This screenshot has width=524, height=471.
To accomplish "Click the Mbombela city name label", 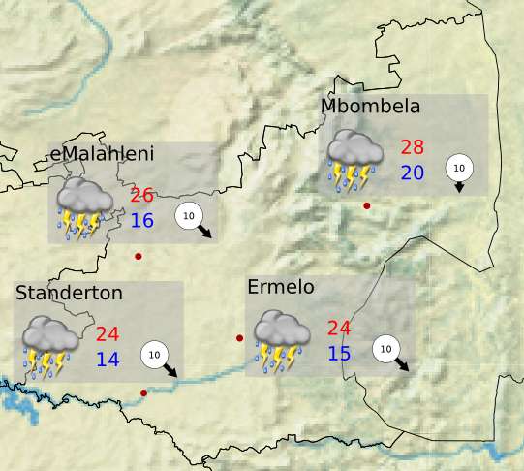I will point(370,106).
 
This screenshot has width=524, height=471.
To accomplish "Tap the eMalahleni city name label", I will point(102,154).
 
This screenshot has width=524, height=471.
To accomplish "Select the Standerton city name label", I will point(69,292).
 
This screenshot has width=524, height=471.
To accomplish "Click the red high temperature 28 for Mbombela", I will point(413,148).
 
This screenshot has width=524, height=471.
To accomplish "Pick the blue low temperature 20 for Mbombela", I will point(413,173).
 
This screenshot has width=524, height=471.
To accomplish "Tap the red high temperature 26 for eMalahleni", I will point(142,196).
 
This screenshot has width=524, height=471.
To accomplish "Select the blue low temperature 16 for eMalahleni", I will point(142,220).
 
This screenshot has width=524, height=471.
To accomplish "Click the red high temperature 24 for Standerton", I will point(108,334).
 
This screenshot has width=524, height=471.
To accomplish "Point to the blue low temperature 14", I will point(108,360).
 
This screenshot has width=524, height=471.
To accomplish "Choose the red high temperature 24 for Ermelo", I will point(339,329).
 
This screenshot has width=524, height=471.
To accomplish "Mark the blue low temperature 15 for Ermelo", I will point(339,353).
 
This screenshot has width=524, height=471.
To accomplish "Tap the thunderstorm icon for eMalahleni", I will point(84,207).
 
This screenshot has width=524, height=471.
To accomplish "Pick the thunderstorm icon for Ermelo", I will point(282,341).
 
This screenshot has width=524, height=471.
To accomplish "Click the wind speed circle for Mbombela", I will point(458,168).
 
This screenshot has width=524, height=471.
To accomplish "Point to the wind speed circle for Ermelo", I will point(386,349).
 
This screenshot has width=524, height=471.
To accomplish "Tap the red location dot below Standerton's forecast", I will point(143,392).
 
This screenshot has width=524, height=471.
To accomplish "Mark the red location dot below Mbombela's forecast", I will point(366,205).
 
